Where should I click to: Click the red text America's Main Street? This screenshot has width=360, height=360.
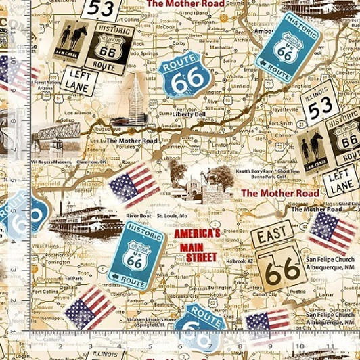[x=197, y=245]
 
